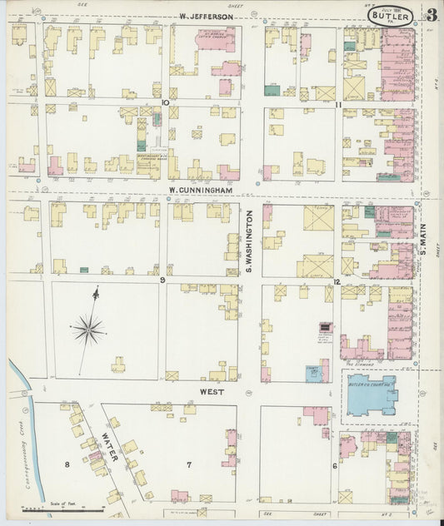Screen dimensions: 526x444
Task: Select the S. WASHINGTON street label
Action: click(248, 242)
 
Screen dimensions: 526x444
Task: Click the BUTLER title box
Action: click(392, 16)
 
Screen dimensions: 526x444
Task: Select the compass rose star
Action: click(87, 330)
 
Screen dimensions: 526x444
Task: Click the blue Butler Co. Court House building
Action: click(372, 394)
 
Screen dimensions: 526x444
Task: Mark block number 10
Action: click(166, 102)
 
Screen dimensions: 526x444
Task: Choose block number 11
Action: click(338, 103)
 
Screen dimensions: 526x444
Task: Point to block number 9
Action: click(163, 280)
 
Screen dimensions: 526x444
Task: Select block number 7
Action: click(189, 464)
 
